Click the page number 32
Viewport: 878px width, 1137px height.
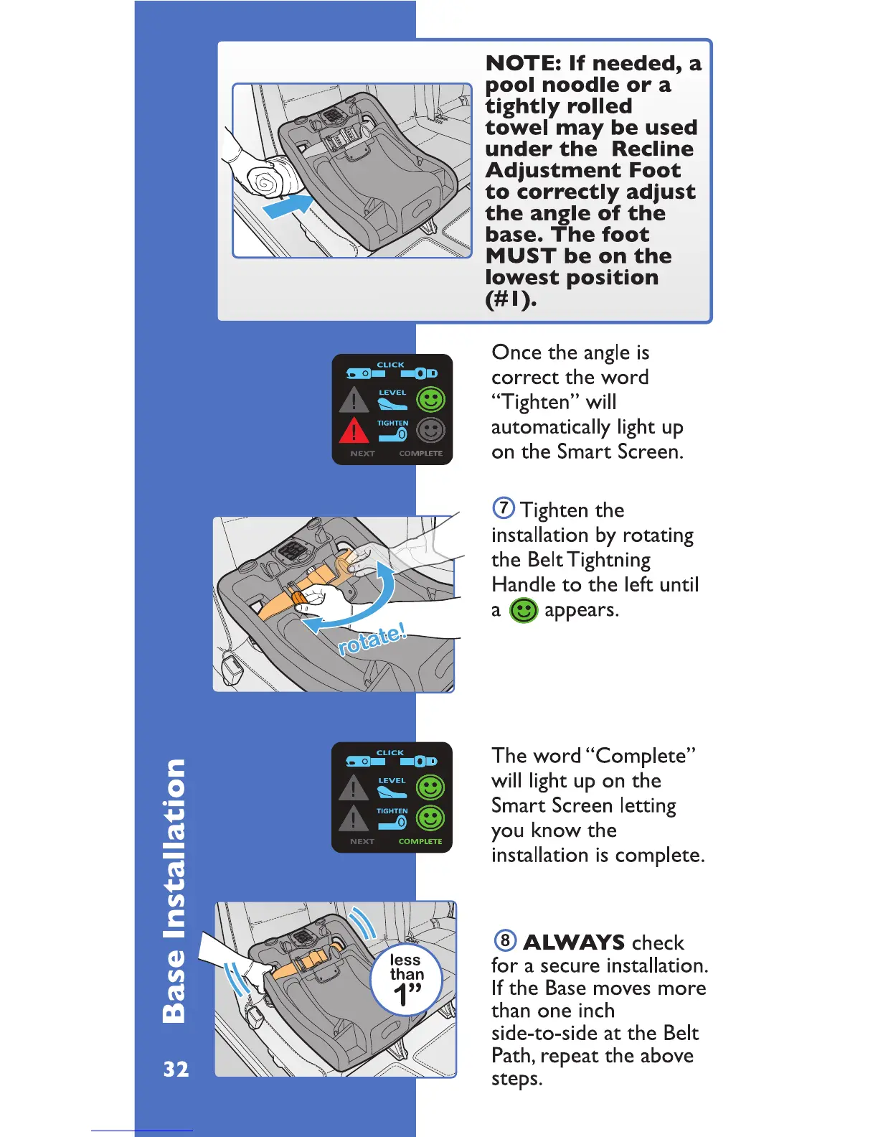[176, 1070]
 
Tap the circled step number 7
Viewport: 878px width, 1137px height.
[504, 508]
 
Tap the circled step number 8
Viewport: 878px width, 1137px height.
[506, 940]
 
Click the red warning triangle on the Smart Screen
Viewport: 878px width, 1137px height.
[353, 431]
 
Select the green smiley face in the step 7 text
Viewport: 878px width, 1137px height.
[524, 610]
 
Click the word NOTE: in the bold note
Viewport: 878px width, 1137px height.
[524, 63]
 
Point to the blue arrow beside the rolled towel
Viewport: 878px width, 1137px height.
[287, 209]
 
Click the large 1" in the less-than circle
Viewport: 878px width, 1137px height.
[407, 996]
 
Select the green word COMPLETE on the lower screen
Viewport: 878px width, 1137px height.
[420, 841]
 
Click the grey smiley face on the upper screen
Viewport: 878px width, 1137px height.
[430, 431]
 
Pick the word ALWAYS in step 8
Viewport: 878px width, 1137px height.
[574, 942]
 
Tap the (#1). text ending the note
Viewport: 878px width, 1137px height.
[511, 299]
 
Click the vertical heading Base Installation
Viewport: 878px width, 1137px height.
[174, 890]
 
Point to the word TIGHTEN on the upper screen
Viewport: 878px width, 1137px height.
[392, 424]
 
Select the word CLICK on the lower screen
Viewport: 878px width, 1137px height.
[390, 752]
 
